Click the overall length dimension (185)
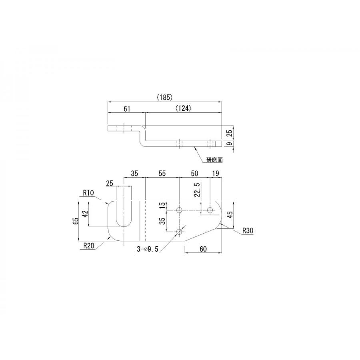click(165, 97)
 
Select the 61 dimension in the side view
click(127, 108)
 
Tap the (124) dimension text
click(184, 108)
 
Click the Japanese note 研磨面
click(214, 160)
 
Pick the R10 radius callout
click(88, 193)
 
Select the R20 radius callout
click(89, 246)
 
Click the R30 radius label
click(248, 230)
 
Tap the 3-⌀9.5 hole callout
click(148, 249)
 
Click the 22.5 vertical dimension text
click(197, 190)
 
